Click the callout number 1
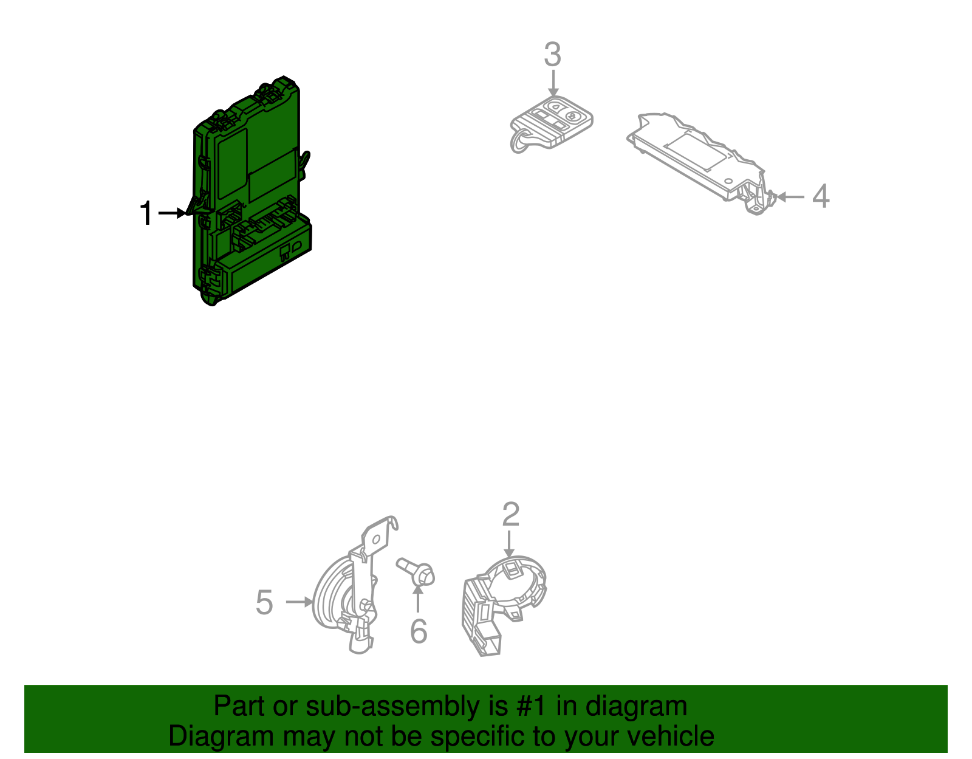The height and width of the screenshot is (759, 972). (x=146, y=214)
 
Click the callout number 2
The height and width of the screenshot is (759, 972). (x=511, y=514)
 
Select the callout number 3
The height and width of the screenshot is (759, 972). (x=552, y=55)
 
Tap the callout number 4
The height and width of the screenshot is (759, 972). (x=821, y=196)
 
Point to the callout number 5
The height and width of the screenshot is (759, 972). (x=264, y=602)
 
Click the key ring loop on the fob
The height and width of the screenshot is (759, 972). (x=520, y=143)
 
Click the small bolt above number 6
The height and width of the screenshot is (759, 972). (x=418, y=572)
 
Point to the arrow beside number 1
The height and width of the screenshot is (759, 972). (x=173, y=213)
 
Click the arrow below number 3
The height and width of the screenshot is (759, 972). (x=553, y=83)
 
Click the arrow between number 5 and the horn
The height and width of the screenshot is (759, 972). (x=299, y=602)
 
